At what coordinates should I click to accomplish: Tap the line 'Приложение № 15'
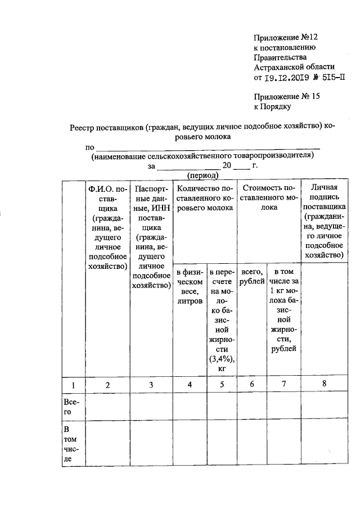point(287,96)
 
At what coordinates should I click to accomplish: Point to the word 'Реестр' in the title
point(83,127)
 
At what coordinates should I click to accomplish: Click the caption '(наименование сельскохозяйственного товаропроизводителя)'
point(201,157)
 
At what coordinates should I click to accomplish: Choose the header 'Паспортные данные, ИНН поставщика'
point(151,236)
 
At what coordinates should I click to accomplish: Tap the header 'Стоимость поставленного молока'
point(268,197)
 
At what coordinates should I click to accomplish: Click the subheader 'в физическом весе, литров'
point(190,284)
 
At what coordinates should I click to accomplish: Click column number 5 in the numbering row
point(221,385)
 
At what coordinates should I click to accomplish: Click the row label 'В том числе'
point(71,444)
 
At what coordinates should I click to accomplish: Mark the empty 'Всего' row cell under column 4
point(190,408)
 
